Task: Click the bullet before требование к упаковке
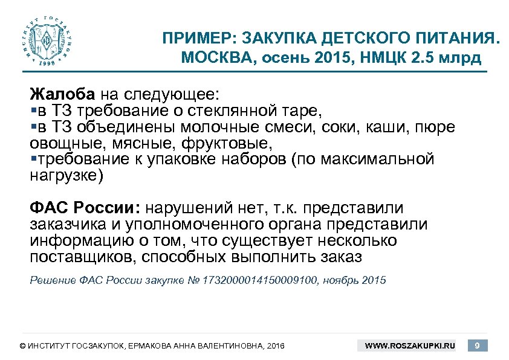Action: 33,159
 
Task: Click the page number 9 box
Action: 478,346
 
